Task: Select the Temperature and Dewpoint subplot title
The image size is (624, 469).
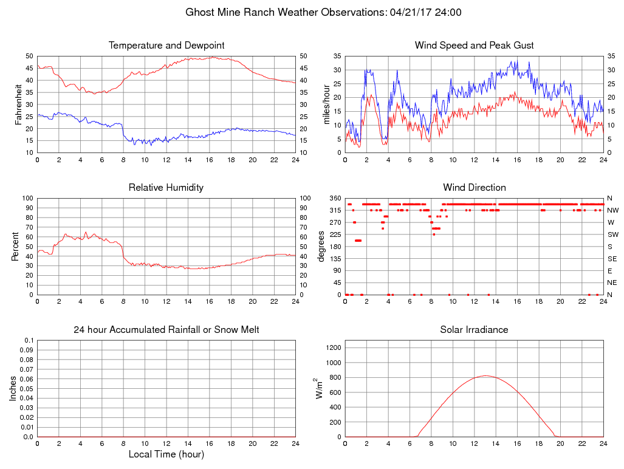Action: tap(166, 46)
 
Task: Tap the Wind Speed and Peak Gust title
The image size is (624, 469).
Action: tap(474, 46)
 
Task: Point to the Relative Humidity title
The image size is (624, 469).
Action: tap(166, 188)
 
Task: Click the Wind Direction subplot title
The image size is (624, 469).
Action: tap(474, 188)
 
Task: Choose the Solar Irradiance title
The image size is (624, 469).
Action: tap(474, 330)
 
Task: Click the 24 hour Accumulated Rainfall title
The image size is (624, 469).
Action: tap(166, 330)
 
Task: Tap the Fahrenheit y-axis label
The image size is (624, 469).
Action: tap(19, 104)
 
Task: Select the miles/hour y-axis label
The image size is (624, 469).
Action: tap(327, 104)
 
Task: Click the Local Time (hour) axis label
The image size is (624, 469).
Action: tap(166, 454)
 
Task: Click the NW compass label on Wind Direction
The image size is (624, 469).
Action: tap(612, 210)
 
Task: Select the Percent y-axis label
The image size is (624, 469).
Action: tap(15, 246)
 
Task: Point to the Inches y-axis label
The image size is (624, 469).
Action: tap(13, 389)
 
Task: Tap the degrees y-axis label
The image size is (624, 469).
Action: tap(322, 246)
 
